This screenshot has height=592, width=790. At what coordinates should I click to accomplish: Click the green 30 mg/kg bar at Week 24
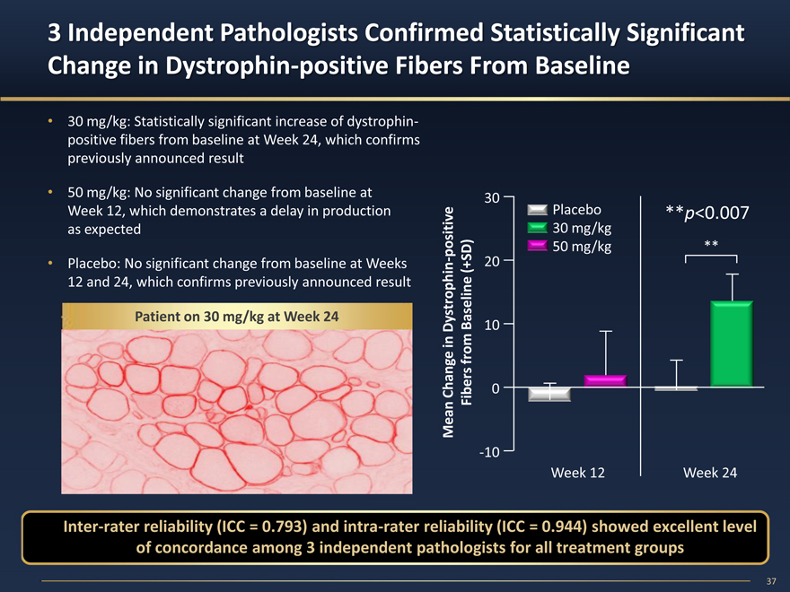point(731,344)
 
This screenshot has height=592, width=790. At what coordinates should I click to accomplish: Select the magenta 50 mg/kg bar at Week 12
point(605,380)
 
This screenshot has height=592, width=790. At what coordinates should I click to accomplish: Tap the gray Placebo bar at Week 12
point(549,394)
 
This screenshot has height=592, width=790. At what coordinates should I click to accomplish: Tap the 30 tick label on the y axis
point(492,197)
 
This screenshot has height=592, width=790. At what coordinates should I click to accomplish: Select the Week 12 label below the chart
point(577,472)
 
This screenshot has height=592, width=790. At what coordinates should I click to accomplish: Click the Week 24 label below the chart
point(710,472)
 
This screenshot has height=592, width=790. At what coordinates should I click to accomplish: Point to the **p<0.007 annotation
point(707,212)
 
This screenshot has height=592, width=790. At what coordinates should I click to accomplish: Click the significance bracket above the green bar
point(711,257)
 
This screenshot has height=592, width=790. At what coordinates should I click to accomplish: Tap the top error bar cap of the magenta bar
point(606,332)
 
